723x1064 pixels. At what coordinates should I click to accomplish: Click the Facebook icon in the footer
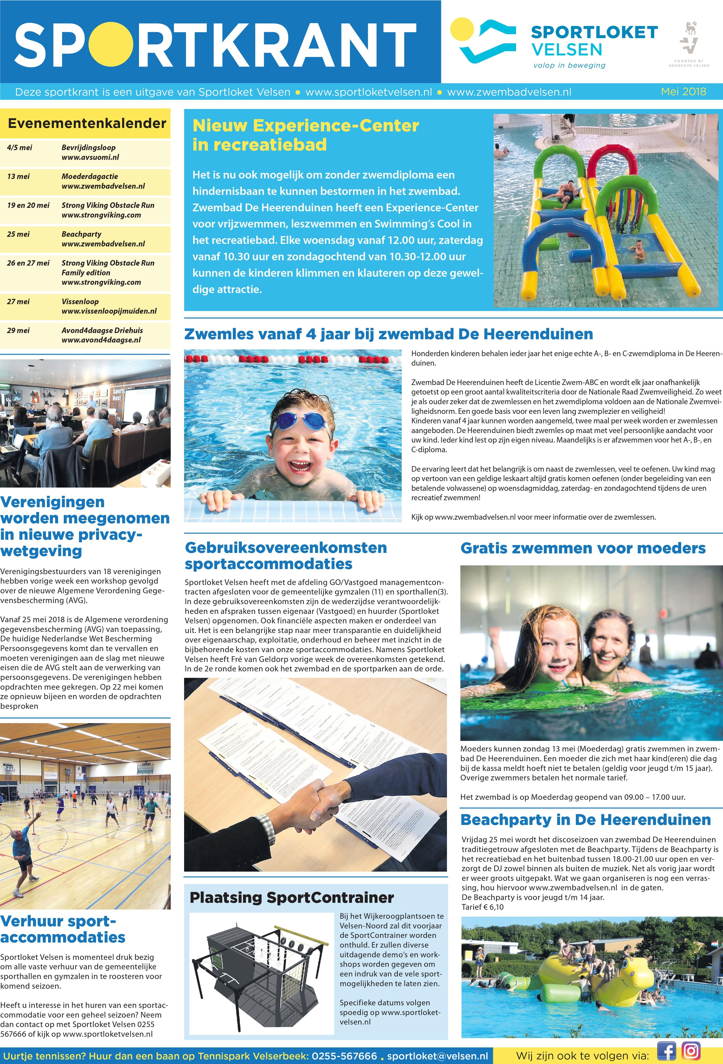[x=666, y=1050]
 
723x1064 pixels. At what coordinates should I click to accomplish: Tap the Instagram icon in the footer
[x=691, y=1050]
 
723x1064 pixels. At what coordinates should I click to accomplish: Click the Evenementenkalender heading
[x=87, y=123]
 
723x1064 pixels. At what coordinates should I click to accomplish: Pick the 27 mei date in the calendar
[x=18, y=301]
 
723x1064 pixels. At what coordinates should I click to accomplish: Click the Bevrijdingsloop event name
[x=88, y=147]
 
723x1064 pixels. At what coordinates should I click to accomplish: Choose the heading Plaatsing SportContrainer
[x=292, y=897]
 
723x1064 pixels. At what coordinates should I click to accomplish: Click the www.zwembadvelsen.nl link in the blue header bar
[x=509, y=92]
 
